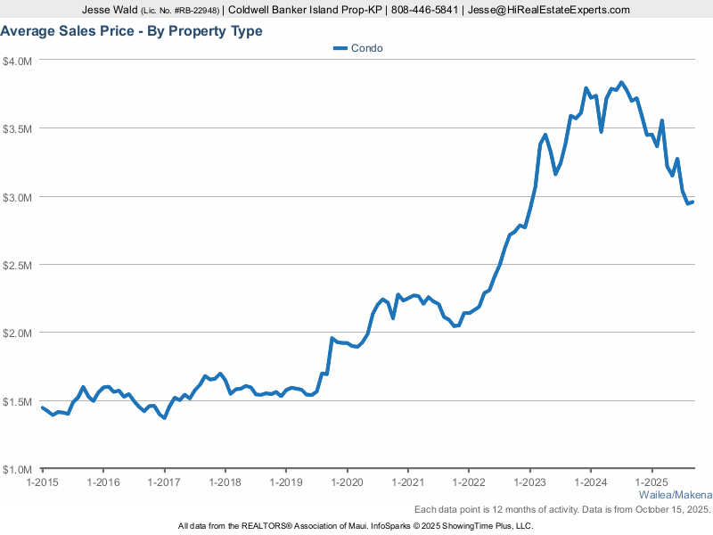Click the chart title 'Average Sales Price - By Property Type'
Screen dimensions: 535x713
click(x=131, y=31)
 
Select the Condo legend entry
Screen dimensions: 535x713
click(x=358, y=48)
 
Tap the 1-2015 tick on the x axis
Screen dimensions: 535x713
click(x=42, y=482)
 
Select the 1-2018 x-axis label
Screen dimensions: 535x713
click(x=225, y=482)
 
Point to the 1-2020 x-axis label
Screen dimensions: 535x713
click(x=347, y=482)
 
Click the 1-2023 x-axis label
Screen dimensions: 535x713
click(x=529, y=482)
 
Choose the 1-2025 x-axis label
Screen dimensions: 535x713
click(x=652, y=482)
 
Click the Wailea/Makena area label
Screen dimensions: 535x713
click(x=676, y=495)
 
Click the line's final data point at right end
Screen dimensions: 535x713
click(x=693, y=202)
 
